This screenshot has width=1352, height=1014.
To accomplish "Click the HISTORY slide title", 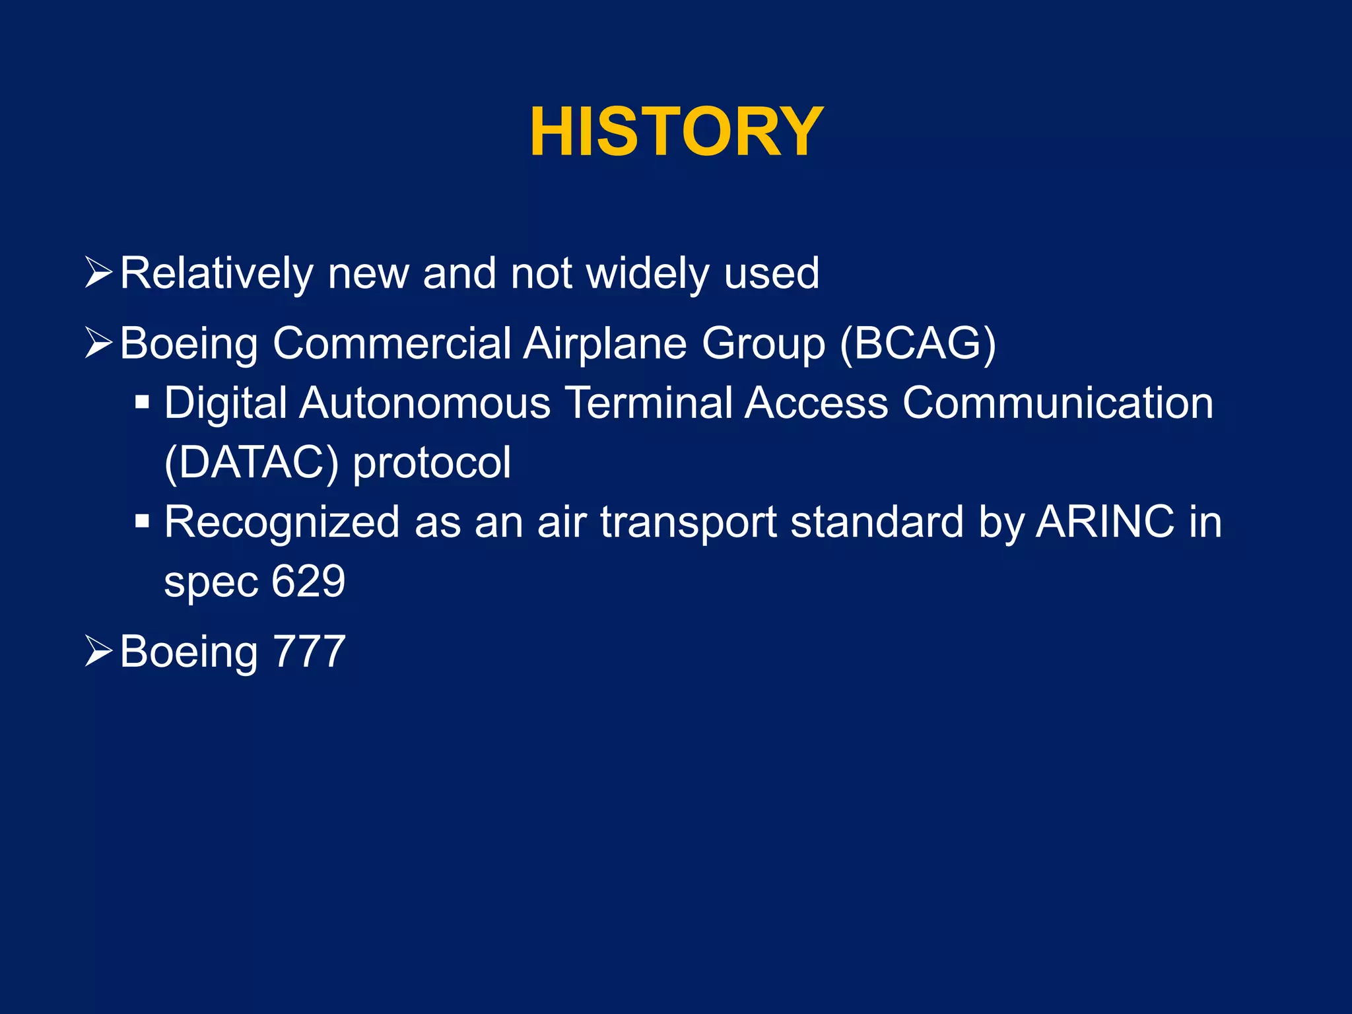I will [676, 133].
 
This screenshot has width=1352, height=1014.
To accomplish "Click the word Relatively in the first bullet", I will [217, 273].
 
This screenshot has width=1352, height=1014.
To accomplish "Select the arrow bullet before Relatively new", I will [99, 273].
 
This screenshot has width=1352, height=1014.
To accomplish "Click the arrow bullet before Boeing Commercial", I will [99, 343].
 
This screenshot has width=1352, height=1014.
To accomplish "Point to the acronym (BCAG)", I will [918, 343].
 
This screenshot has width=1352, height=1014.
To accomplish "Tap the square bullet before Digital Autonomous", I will [142, 402].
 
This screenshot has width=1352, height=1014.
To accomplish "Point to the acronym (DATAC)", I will [251, 462].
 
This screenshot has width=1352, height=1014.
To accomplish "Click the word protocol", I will [432, 462].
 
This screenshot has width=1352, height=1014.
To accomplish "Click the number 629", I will [308, 581].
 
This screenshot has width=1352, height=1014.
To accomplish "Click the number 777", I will [309, 652].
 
